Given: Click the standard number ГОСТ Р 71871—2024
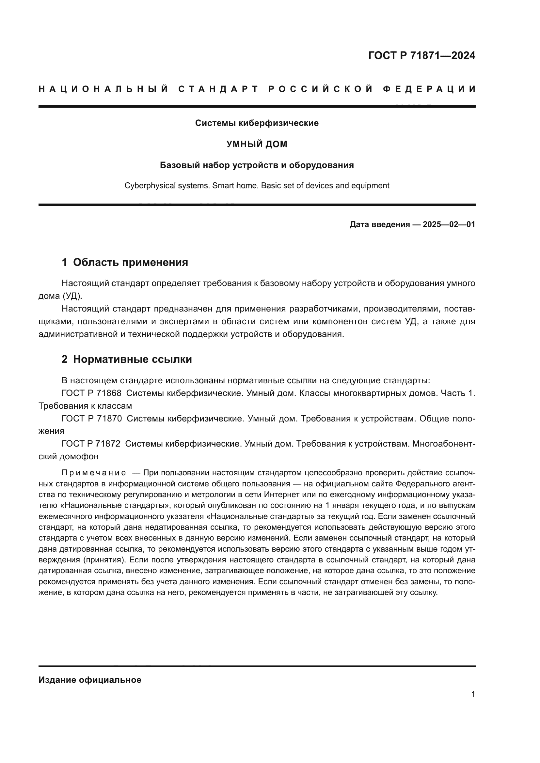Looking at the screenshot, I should tap(421, 55).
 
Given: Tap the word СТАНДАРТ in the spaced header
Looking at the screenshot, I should tap(218, 89).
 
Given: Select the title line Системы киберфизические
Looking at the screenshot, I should tap(257, 123).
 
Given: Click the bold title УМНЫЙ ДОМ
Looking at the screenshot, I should tap(257, 144).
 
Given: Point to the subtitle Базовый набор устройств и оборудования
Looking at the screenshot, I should tap(257, 165).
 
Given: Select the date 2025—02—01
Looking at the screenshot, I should tap(449, 225).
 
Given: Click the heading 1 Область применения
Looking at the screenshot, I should tap(125, 263).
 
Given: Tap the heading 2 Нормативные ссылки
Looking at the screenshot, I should tap(127, 359).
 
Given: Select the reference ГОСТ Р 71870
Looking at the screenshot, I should tap(91, 419).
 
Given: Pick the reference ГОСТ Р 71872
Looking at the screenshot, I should tap(91, 444).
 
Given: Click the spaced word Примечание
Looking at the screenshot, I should tap(94, 473).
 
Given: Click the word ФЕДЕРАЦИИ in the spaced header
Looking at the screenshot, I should tap(429, 89).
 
